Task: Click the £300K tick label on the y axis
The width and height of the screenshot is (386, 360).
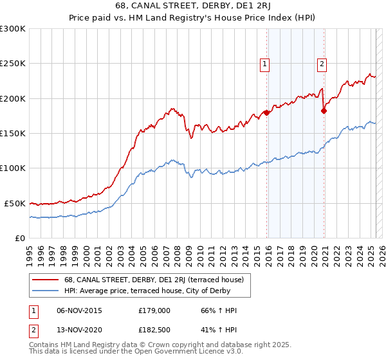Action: click(13, 29)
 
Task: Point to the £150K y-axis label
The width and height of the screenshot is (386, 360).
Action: click(13, 134)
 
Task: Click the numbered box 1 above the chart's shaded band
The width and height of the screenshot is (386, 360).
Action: click(264, 63)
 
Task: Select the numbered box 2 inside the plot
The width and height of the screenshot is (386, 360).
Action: click(321, 63)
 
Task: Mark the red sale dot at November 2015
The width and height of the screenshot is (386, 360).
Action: click(266, 113)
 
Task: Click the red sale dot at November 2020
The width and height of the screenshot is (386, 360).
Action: click(324, 111)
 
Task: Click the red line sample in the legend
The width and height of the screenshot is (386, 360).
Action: click(45, 280)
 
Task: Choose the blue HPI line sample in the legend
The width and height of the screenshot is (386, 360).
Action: click(45, 291)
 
